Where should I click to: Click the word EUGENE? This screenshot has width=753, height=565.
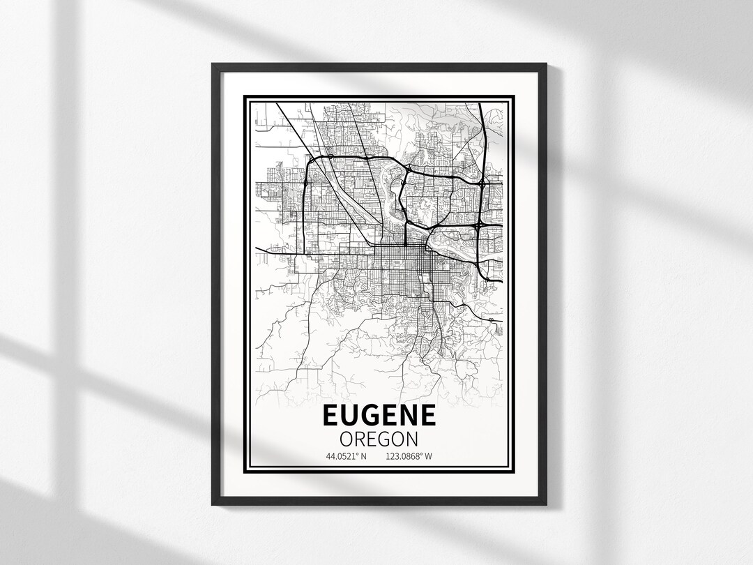click(x=379, y=416)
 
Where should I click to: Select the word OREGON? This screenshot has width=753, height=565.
click(x=379, y=439)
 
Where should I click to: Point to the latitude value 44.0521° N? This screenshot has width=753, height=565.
click(x=346, y=457)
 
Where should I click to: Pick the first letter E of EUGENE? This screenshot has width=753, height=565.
click(x=331, y=416)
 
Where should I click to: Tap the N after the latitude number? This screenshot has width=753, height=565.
click(x=363, y=457)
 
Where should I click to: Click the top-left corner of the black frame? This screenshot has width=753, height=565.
click(x=213, y=65)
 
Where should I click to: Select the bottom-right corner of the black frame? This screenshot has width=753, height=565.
click(x=545, y=504)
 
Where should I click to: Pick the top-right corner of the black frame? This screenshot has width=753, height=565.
click(x=545, y=65)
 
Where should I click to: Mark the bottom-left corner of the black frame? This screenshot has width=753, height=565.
click(x=213, y=504)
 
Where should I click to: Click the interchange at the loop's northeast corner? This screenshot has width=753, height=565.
click(x=482, y=183)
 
